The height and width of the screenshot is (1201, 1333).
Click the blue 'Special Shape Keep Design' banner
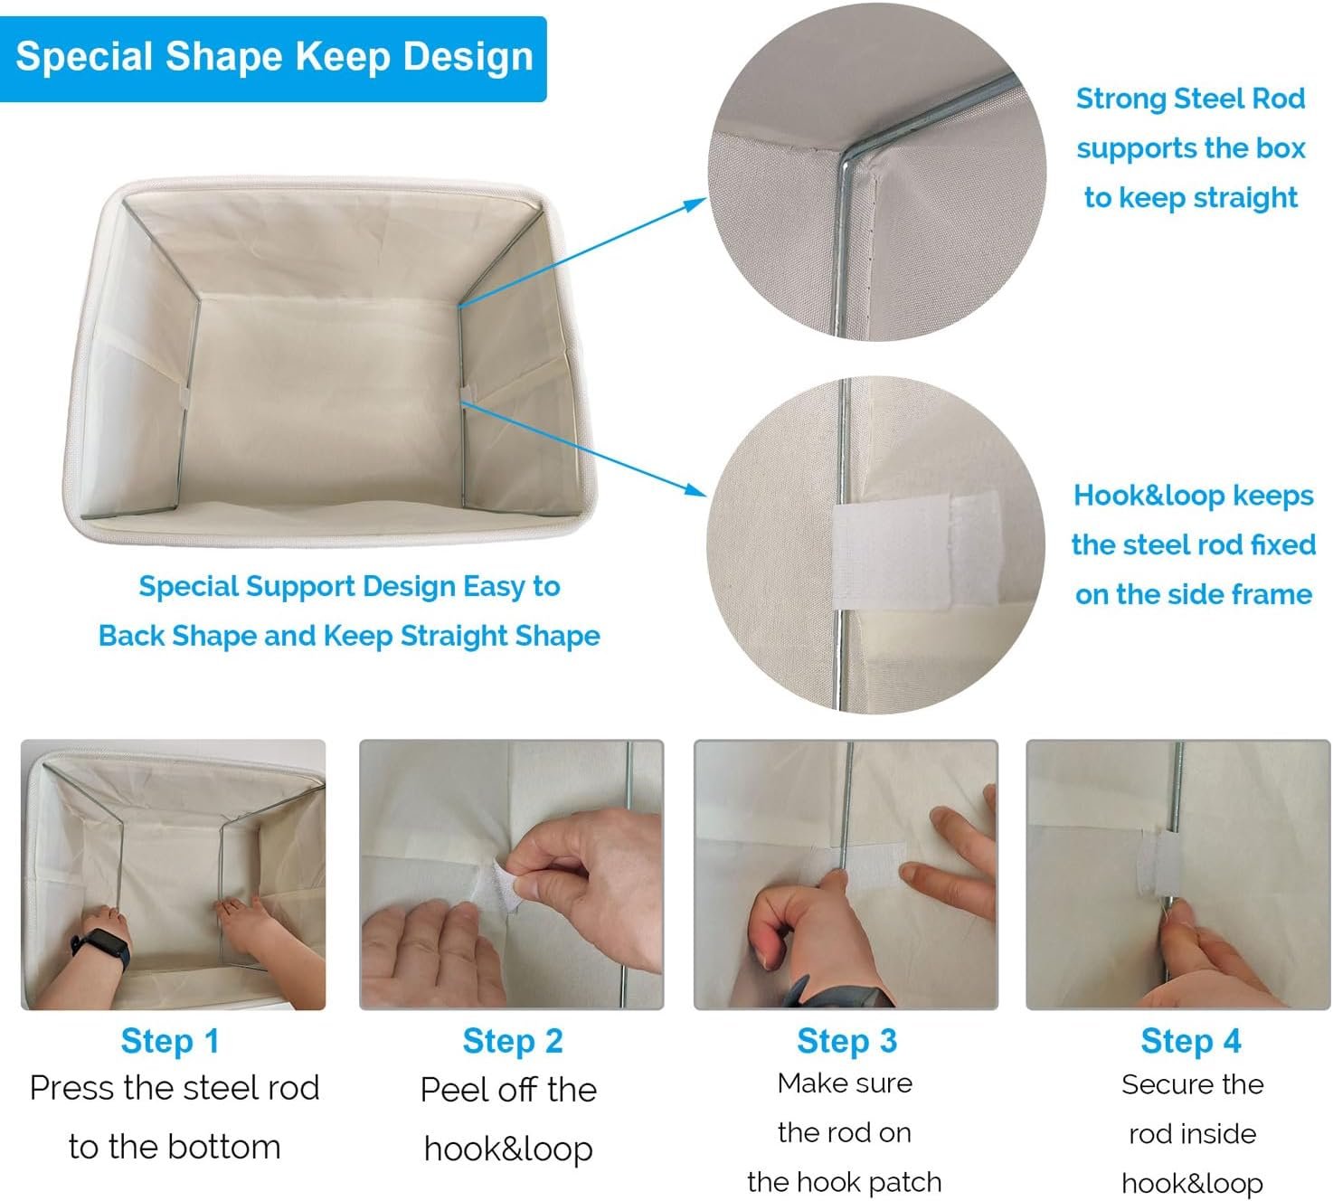pos(272,59)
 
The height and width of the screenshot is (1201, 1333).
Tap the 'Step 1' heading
pos(170,1041)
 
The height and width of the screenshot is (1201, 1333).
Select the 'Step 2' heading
pos(513,1041)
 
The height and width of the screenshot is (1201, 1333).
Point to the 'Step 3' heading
pos(846,1041)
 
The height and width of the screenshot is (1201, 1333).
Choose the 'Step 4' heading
pos(1191,1041)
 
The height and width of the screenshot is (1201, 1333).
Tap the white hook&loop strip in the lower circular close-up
pos(916,551)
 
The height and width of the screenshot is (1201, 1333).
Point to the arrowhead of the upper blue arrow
pos(698,202)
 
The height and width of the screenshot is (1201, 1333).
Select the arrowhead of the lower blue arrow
pos(698,491)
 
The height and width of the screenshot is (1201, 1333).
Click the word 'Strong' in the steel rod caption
pos(1121,99)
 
